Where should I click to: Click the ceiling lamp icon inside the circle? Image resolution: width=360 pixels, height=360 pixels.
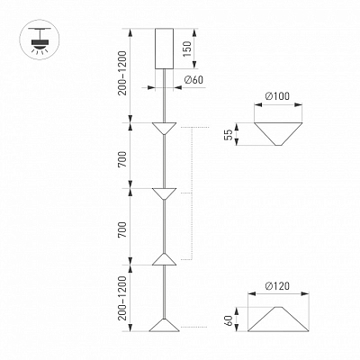pos(40,40)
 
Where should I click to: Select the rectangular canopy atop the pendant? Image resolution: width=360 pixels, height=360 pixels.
pos(164,49)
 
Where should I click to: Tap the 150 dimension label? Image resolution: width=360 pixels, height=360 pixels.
pos(187,49)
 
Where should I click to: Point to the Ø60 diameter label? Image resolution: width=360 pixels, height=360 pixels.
pos(193,80)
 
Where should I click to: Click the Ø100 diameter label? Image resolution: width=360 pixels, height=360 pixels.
pos(277,96)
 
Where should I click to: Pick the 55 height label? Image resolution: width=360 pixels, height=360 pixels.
pos(229,134)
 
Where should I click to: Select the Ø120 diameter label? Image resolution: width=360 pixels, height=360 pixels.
pos(277,286)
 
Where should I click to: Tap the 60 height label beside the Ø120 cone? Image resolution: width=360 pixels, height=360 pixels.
pos(229,320)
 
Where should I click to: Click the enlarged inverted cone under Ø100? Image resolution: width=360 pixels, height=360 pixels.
pos(278,134)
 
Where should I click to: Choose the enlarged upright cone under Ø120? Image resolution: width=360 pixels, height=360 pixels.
pos(278,319)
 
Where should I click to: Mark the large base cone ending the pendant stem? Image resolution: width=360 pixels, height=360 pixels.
pos(164,325)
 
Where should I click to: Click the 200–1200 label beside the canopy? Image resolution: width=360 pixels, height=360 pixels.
pos(122,74)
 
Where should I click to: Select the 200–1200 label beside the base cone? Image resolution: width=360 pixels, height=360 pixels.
pos(122,299)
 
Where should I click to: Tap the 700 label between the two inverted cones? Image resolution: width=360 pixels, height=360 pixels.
pos(122,159)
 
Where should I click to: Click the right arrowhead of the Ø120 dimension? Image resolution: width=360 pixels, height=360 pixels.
pos(305,293)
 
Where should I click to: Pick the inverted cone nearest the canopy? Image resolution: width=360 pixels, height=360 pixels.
pos(164,129)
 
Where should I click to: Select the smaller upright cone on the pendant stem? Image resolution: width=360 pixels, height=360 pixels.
pos(164,259)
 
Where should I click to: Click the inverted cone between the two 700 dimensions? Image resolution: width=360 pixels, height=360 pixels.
pos(164,194)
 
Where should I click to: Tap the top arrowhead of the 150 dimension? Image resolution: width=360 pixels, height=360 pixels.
pos(194,32)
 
